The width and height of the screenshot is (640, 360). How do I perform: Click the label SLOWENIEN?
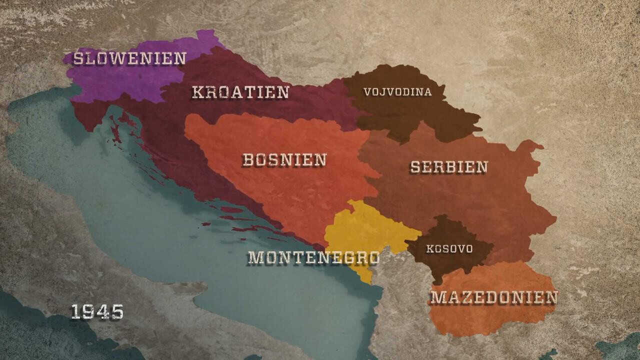[x=129, y=58]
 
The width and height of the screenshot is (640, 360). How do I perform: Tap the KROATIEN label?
[x=240, y=92]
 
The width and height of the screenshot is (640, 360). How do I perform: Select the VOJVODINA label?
[x=397, y=92]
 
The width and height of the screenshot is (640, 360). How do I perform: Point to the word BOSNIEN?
[x=284, y=160]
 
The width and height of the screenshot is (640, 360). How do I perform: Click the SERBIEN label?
[x=449, y=167]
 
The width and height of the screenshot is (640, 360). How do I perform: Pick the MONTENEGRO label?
[x=313, y=257]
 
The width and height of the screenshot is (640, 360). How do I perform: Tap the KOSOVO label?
[x=449, y=248]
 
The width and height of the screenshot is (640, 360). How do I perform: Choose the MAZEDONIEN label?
[x=493, y=297]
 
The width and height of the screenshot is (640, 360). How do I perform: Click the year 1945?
[x=97, y=312]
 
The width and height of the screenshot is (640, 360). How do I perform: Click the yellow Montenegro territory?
[x=365, y=227]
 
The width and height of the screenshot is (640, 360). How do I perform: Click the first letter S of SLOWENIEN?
[x=78, y=58]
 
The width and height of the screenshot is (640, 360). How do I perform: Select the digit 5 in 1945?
[x=117, y=312]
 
